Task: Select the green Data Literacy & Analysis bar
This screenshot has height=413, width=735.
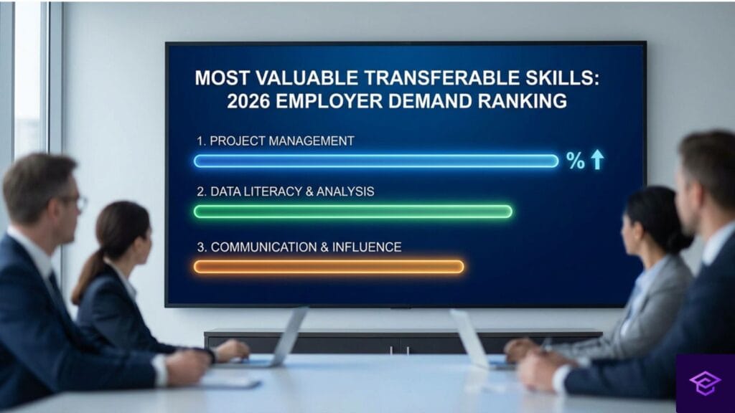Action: tap(352, 212)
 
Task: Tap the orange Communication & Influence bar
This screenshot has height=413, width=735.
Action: tap(329, 267)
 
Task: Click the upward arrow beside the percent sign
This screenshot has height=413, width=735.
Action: tap(596, 160)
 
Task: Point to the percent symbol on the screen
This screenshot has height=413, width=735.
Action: tap(576, 161)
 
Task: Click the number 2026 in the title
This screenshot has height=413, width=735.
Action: tap(251, 101)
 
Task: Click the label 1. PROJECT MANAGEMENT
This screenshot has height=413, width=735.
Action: tap(276, 141)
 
